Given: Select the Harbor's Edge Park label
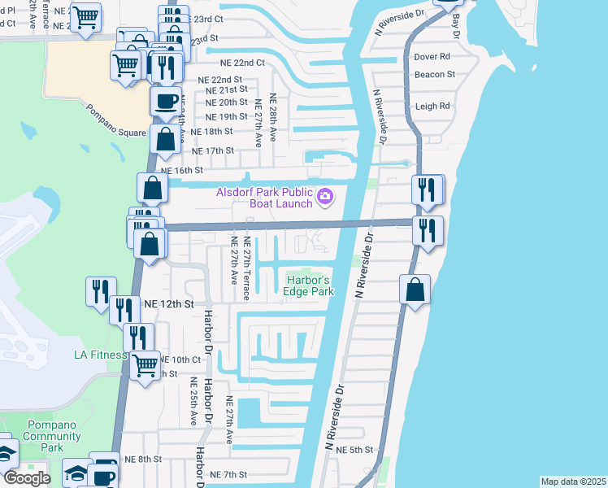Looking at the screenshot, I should pyautogui.click(x=309, y=285).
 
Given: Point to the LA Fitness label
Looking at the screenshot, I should pyautogui.click(x=101, y=355).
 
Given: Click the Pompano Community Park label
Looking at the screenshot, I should pyautogui.click(x=52, y=436).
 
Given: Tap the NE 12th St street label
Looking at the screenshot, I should pyautogui.click(x=169, y=303).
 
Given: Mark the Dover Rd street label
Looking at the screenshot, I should pyautogui.click(x=432, y=57).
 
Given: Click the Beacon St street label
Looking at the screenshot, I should pyautogui.click(x=434, y=74).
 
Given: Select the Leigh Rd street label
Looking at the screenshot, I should pyautogui.click(x=432, y=106).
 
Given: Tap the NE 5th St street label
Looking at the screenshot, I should pyautogui.click(x=354, y=450).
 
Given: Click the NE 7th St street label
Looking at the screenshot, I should pyautogui.click(x=228, y=474).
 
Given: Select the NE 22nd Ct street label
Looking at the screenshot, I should pyautogui.click(x=242, y=62).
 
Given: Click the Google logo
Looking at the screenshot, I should pyautogui.click(x=27, y=478).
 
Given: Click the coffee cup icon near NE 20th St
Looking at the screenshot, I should pyautogui.click(x=166, y=101).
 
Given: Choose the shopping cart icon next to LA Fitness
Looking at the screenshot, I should pyautogui.click(x=145, y=365).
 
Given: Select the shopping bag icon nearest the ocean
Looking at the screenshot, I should pyautogui.click(x=415, y=289).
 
